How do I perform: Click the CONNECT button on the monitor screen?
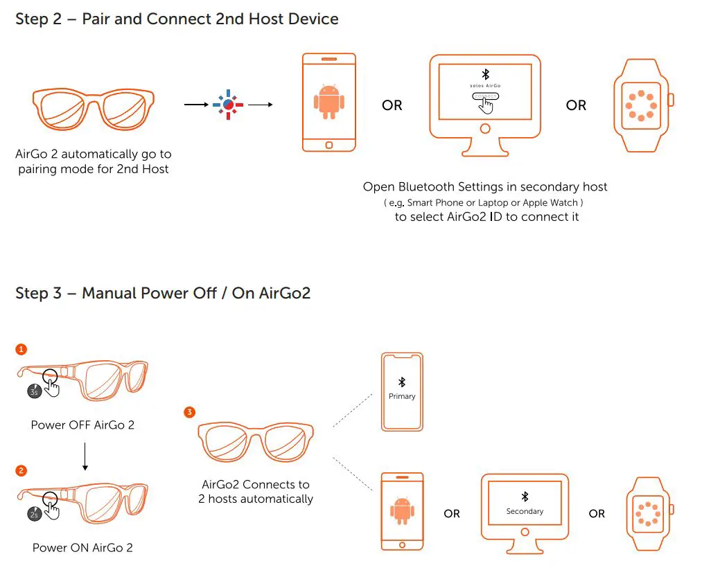tap(485, 96)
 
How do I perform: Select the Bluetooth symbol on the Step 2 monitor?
tap(485, 74)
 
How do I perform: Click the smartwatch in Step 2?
tap(641, 105)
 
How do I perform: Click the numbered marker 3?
tap(189, 413)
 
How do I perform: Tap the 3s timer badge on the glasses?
tap(34, 391)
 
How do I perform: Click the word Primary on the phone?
tap(402, 396)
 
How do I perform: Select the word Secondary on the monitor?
tap(525, 511)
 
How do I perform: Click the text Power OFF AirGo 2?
tap(82, 425)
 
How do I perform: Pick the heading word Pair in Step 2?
tap(97, 19)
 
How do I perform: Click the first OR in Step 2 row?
tap(392, 105)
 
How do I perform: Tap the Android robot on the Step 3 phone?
tap(402, 511)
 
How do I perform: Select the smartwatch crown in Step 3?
tap(671, 510)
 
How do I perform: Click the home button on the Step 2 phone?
tap(328, 145)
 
